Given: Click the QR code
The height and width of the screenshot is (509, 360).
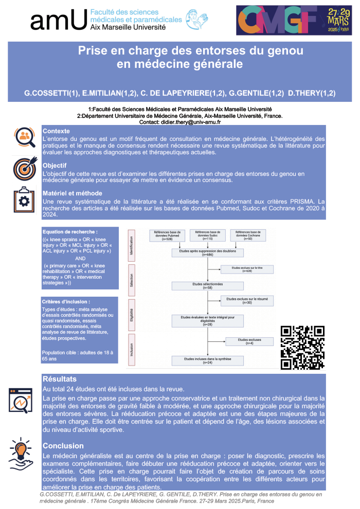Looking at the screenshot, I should tap(302, 347).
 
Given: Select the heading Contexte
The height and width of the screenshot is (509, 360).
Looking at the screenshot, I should tap(56, 131).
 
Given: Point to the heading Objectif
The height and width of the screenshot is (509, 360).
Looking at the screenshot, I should tap(55, 167).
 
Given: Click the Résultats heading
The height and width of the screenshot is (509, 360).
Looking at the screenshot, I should tap(60, 379).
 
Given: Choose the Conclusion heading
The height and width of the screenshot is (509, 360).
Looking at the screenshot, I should tap(63, 446).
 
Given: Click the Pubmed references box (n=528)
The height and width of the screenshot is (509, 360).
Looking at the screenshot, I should tap(167, 236).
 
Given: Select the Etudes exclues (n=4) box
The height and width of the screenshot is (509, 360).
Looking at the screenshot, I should tap(249, 341).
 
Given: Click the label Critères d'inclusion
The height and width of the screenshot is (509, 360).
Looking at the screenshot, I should tap(67, 301).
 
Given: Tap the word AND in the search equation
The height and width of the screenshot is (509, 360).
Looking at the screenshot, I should tap(81, 258).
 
